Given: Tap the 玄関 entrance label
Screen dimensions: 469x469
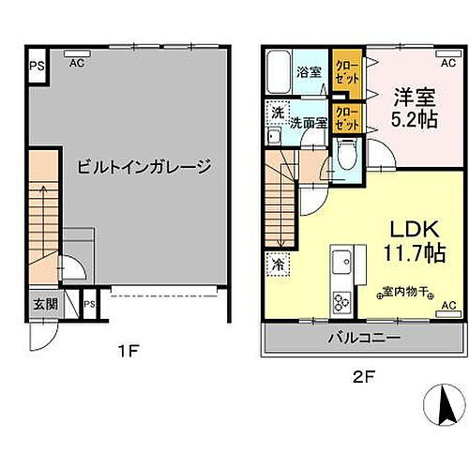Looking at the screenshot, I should pos(45,303).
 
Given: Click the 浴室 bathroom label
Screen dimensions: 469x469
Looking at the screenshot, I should pos(309,71).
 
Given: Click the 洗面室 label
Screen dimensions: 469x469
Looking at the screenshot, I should pos(308,122).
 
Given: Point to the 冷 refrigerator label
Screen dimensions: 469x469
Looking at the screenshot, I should pos(280,265).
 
